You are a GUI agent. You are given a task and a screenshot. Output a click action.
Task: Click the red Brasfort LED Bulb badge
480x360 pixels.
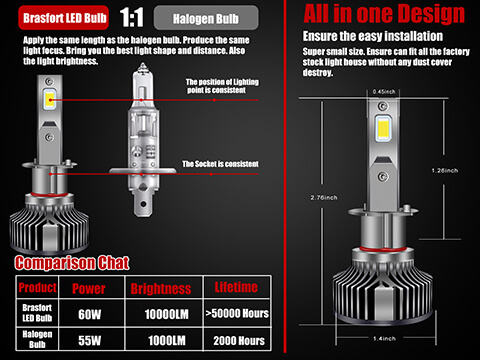point(57,19)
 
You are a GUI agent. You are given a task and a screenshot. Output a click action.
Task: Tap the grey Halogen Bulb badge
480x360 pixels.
point(206,19)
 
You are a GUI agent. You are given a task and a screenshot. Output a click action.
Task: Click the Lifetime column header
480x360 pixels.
point(237,286)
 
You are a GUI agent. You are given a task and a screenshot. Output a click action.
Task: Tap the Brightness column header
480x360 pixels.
point(160,286)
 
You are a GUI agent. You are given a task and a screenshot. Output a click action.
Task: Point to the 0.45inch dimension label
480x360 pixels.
point(384,92)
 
